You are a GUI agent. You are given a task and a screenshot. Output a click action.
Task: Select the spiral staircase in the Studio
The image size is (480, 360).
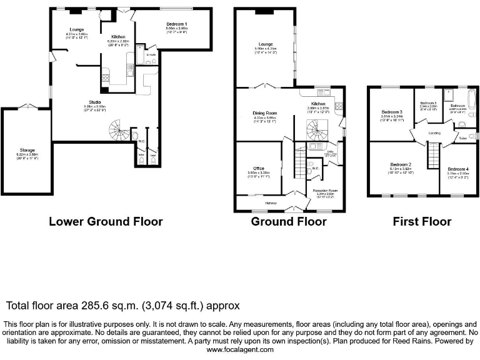pos(117,130)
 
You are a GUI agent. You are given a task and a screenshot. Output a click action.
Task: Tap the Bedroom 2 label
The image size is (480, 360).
pos(400,164)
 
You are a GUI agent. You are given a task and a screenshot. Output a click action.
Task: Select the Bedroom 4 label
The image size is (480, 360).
pos(458,169)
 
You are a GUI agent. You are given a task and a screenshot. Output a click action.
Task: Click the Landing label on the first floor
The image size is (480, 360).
pos(434,133)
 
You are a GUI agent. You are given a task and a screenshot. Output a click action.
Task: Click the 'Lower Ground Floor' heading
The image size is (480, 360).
pos(106,222)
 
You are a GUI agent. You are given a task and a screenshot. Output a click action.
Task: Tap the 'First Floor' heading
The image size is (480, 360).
pos(421,222)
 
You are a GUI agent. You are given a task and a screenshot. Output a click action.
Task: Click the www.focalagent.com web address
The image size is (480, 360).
pos(239,350)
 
